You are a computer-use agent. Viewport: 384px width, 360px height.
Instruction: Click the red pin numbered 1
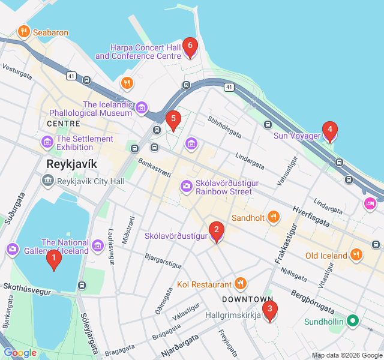click(x=54, y=259)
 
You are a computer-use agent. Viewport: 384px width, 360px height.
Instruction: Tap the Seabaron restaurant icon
click(x=24, y=31)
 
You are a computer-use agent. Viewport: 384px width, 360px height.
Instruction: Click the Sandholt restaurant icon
click(x=273, y=217)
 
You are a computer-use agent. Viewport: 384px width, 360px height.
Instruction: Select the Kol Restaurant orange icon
click(x=240, y=283)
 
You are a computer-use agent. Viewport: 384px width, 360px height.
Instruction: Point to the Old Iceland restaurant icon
click(x=356, y=255)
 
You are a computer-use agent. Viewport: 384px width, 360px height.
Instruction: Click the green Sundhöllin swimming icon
click(x=354, y=321)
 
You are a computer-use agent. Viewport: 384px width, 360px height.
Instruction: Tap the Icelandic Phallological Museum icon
click(x=142, y=108)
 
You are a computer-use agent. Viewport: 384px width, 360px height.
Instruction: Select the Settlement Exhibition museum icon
click(x=47, y=143)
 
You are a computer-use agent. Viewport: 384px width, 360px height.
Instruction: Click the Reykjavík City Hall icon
click(x=47, y=181)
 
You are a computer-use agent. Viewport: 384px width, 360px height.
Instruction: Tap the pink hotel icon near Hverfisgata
click(x=371, y=204)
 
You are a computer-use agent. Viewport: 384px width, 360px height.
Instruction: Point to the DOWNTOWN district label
click(x=247, y=299)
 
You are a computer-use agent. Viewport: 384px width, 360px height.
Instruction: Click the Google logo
click(x=20, y=353)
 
